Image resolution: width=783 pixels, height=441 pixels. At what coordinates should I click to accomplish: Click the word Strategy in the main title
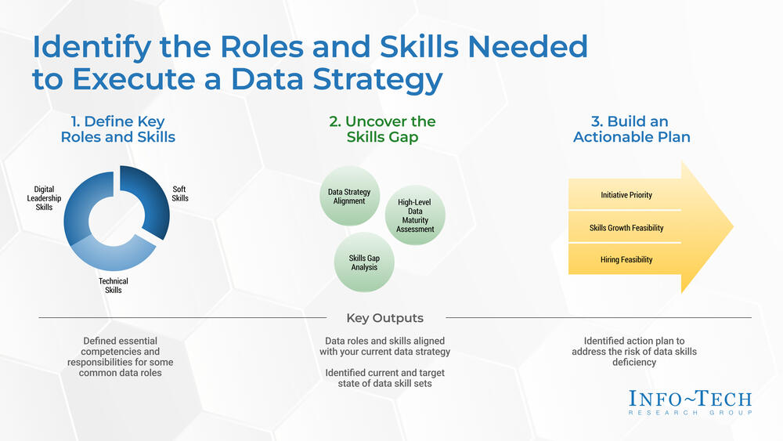click(377, 79)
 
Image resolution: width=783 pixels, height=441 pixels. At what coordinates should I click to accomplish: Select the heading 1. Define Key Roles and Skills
click(118, 129)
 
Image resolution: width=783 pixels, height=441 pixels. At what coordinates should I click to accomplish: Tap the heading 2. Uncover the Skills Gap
click(383, 129)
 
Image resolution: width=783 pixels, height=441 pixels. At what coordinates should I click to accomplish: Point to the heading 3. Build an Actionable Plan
click(631, 129)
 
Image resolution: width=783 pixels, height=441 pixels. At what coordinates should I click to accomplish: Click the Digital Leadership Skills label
click(44, 198)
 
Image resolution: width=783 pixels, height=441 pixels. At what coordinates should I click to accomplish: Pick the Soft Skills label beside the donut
click(180, 193)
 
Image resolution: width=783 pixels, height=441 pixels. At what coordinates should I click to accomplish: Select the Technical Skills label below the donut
click(114, 286)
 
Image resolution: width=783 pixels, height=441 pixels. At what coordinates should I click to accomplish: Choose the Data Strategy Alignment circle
click(349, 197)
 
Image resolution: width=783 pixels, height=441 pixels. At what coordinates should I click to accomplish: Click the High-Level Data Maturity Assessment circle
click(415, 215)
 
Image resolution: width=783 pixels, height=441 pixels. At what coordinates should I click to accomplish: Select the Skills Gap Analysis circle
click(364, 262)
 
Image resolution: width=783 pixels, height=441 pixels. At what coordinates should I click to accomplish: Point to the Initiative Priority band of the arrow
click(625, 195)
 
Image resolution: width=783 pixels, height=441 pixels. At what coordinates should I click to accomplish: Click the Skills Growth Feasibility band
click(625, 228)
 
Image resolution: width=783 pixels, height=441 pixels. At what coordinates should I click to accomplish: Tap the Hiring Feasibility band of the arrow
click(625, 260)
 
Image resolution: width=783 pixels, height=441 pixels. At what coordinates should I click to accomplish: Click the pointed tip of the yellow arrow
click(733, 226)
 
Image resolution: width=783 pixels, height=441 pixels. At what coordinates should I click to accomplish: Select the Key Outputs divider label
click(385, 318)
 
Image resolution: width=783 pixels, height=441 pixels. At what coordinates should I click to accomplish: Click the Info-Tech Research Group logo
click(690, 403)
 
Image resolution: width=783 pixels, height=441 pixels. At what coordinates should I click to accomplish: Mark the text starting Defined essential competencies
click(121, 356)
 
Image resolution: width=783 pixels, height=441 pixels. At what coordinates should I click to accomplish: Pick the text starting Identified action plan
click(634, 352)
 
